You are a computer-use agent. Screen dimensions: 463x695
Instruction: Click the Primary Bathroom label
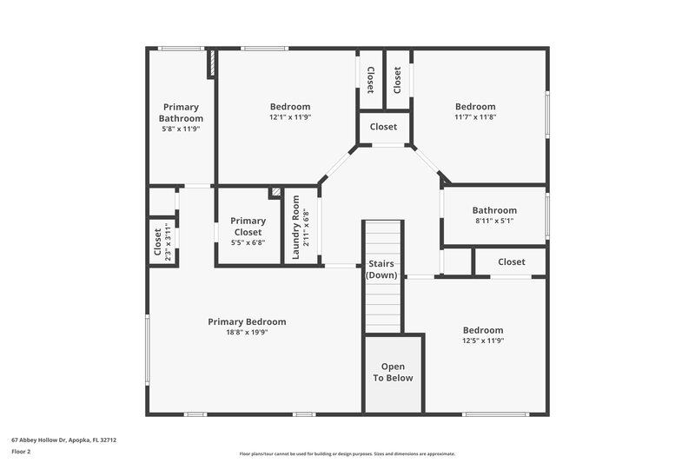coord(181,113)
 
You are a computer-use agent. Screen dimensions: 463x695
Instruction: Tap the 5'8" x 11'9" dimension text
coord(181,129)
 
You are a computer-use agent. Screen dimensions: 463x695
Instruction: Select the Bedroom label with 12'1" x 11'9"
coord(289,107)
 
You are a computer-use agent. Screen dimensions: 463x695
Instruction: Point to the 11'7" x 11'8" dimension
coord(475,117)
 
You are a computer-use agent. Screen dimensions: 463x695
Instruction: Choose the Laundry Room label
coord(296,228)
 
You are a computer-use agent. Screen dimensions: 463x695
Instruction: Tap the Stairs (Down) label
coord(382,268)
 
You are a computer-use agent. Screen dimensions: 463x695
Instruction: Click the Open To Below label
coord(393,372)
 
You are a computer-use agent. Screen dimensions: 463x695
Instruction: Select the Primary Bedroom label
coord(247,321)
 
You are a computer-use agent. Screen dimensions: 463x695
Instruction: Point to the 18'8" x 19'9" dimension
coord(247,332)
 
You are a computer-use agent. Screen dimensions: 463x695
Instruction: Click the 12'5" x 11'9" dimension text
coord(482,341)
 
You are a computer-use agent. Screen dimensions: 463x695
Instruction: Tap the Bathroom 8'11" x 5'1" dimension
coord(494,221)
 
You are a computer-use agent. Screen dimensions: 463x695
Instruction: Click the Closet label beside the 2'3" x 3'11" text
coord(157,244)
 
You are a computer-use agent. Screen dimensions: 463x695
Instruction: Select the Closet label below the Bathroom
coord(511,261)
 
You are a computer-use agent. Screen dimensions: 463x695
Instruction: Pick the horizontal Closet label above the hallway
coord(383,127)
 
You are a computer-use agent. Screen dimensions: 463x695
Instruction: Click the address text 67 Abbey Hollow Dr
coord(63,440)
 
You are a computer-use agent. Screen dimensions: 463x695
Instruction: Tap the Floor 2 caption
coord(22,452)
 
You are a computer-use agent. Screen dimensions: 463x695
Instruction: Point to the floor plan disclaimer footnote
coord(347,453)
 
